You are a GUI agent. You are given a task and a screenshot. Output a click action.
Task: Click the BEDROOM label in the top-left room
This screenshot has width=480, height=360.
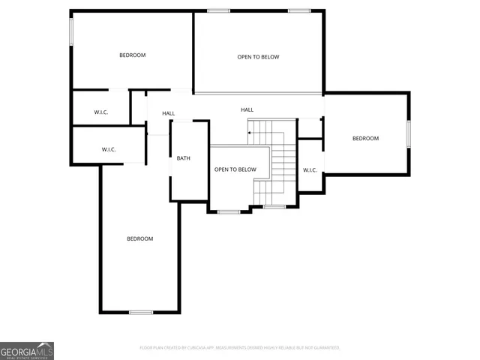click(132, 55)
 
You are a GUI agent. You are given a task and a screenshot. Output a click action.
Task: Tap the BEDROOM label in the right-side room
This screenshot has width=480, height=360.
click(365, 138)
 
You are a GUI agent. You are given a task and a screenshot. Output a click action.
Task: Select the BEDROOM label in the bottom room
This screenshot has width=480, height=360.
click(139, 238)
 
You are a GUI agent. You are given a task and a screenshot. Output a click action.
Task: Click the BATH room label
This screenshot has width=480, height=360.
click(184, 158)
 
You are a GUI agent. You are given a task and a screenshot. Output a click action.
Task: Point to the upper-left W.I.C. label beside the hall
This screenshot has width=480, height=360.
click(101, 112)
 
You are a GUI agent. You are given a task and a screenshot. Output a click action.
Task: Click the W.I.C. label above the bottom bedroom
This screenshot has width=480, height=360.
click(109, 149)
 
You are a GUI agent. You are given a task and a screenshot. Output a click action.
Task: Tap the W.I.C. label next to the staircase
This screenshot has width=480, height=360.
click(310, 170)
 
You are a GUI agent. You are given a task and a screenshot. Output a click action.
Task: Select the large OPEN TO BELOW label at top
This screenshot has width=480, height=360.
click(258, 57)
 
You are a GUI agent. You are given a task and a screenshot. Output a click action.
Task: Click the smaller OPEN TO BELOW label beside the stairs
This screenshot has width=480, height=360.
click(235, 169)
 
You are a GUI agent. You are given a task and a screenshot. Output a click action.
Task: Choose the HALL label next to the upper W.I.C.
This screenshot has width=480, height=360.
click(169, 113)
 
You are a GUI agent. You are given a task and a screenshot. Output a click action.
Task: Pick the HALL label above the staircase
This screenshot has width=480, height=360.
click(247, 109)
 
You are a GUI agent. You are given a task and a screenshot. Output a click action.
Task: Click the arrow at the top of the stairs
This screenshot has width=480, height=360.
click(250, 133)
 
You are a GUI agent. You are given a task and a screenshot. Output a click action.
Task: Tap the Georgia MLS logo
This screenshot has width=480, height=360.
click(27, 350)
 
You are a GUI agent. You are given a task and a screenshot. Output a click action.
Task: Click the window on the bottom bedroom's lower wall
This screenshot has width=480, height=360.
click(141, 312)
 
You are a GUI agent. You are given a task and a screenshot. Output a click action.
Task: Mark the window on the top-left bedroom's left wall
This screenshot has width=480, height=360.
click(72, 31)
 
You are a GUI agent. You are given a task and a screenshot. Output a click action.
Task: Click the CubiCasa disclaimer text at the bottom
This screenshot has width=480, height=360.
click(240, 348)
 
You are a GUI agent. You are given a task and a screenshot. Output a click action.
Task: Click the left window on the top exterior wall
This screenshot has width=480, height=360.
click(218, 10)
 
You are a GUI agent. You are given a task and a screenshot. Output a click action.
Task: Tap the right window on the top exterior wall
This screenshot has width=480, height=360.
click(299, 10)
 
